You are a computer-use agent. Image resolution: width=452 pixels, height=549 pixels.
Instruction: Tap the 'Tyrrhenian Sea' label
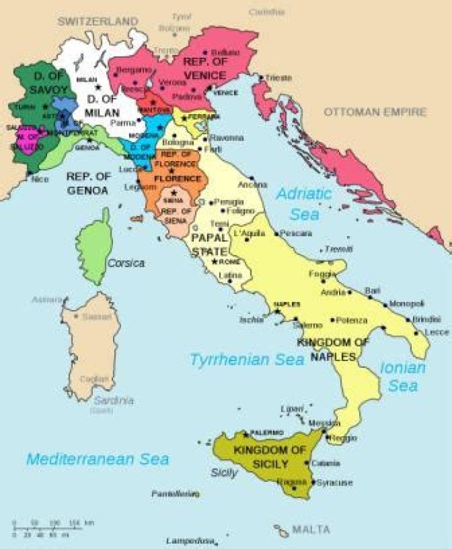247,360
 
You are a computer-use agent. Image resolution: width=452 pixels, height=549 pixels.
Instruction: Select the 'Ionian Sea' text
402,377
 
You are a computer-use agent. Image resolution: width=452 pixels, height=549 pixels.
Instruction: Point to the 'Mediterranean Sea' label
97,459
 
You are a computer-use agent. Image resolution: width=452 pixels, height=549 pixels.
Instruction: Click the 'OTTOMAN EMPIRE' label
375,112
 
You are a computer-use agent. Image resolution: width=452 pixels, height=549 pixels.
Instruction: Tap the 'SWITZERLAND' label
97,21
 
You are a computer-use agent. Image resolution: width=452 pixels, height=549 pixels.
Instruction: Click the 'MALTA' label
311,530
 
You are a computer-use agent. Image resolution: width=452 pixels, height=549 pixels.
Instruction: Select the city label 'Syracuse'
334,483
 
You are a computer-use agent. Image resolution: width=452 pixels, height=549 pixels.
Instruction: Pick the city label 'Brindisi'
426,319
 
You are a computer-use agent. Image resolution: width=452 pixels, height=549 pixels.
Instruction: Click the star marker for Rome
215,261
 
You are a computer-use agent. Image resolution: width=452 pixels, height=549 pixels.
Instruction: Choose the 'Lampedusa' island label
188,540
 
